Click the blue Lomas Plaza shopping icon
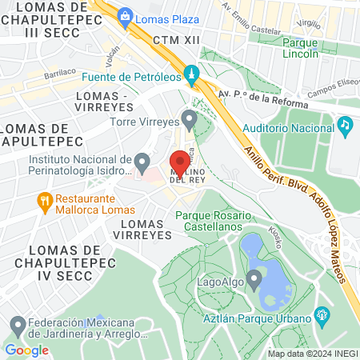point(125,15)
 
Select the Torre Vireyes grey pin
point(190,120)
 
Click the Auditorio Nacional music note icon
point(345,125)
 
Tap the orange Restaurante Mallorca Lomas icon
point(45,200)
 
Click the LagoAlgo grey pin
point(254,280)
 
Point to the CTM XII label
point(174,38)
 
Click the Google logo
point(26,350)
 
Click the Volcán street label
point(112,54)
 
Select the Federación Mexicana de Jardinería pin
point(18,326)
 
